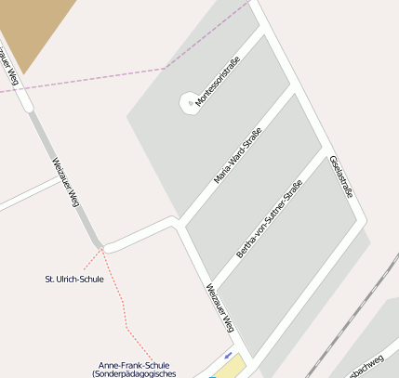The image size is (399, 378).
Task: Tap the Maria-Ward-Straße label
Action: (237, 155)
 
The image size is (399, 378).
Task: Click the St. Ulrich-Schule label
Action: (74, 279)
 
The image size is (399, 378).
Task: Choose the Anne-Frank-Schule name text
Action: (134, 365)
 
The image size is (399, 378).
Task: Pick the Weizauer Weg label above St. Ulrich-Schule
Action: (66, 181)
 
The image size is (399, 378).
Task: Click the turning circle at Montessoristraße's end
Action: (189, 99)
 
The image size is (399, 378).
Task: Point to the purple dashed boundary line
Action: (112, 80)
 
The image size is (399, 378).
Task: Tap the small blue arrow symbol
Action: (228, 354)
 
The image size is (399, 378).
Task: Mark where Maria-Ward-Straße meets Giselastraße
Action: (290, 87)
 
